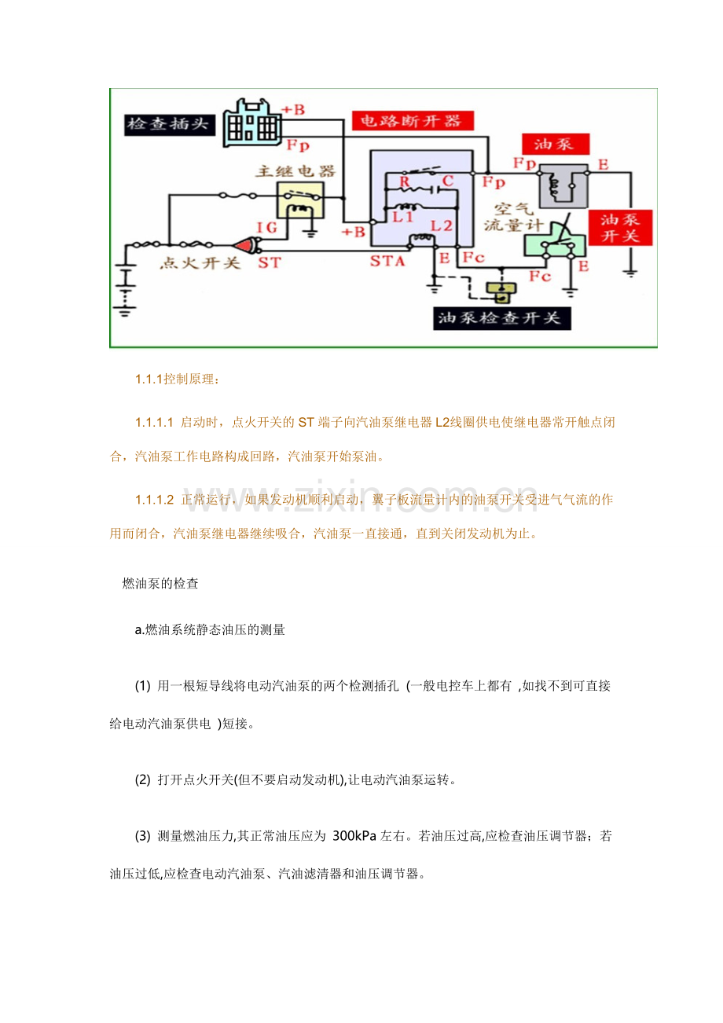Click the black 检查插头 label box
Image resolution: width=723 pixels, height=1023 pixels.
click(x=170, y=124)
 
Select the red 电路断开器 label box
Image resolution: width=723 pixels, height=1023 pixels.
click(x=413, y=120)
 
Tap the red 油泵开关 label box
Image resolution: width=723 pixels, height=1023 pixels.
click(x=620, y=228)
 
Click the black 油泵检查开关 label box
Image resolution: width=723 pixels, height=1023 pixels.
click(x=501, y=318)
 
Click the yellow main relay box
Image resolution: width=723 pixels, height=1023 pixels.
click(x=300, y=200)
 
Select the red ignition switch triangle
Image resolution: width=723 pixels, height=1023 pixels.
click(x=245, y=246)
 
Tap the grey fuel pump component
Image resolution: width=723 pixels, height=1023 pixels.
click(x=563, y=185)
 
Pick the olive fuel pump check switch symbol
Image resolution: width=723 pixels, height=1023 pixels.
click(x=501, y=291)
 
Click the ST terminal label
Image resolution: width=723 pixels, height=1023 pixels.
click(x=269, y=263)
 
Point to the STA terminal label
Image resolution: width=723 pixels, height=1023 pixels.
click(x=387, y=261)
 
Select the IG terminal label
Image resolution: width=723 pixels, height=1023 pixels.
click(x=266, y=227)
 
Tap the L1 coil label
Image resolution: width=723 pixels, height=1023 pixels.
click(x=403, y=217)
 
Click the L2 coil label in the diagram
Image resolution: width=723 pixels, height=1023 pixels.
click(x=441, y=225)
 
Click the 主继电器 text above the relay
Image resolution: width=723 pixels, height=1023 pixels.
click(x=295, y=171)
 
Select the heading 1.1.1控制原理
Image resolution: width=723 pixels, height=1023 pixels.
click(x=177, y=379)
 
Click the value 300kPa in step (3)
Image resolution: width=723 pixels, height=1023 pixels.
click(x=354, y=836)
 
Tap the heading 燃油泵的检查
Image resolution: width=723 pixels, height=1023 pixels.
click(x=160, y=583)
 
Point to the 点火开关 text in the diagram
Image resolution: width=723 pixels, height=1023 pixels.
click(x=200, y=263)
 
